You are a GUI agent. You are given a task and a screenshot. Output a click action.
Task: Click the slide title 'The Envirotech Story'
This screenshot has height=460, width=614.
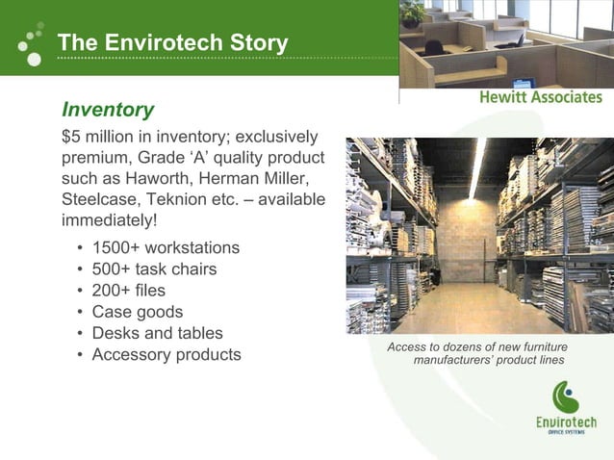pyautogui.click(x=172, y=43)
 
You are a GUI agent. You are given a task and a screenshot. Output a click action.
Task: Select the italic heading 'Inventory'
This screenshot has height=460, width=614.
pyautogui.click(x=107, y=110)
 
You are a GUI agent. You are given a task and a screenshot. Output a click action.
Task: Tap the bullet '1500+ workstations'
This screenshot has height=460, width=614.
pyautogui.click(x=166, y=248)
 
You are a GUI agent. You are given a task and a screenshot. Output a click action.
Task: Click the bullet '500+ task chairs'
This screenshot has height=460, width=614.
pyautogui.click(x=154, y=269)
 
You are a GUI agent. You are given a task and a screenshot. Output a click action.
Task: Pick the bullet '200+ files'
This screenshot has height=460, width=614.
pyautogui.click(x=128, y=291)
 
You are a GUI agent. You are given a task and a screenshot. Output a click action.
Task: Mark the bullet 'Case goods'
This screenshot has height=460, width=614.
pyautogui.click(x=137, y=312)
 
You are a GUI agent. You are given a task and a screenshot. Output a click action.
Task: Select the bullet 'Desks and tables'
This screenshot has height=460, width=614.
pyautogui.click(x=157, y=333)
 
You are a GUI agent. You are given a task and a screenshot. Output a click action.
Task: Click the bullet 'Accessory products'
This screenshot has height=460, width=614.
pyautogui.click(x=166, y=354)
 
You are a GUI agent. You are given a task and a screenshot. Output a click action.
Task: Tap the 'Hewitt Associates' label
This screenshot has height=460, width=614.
pyautogui.click(x=541, y=97)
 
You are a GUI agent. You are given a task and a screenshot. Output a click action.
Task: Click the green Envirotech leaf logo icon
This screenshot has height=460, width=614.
pyautogui.click(x=565, y=396)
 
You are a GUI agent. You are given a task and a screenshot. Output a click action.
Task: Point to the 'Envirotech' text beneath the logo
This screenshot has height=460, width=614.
pyautogui.click(x=566, y=422)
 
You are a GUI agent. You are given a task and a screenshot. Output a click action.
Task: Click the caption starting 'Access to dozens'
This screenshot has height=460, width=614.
pyautogui.click(x=477, y=353)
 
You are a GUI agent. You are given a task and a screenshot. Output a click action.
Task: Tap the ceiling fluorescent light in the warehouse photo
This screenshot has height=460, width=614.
pyautogui.click(x=476, y=168)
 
